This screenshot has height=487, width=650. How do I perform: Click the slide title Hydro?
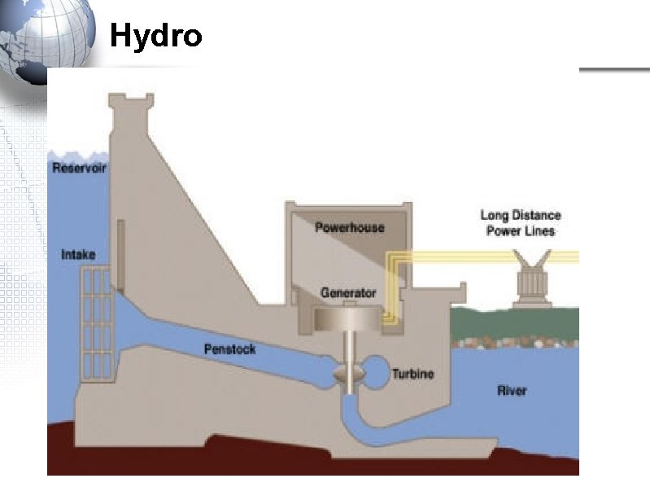coord(155,36)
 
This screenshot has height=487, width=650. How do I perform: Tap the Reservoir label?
coord(80,169)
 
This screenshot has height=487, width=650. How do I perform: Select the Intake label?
coord(78,255)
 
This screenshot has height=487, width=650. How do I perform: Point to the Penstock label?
coord(229,349)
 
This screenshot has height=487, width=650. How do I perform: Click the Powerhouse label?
coord(349,227)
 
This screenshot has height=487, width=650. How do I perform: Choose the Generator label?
coord(348,292)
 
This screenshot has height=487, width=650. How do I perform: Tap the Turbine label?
coord(413,374)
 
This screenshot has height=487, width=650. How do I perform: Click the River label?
coord(512,391)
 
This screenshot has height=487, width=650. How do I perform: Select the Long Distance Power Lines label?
coord(521,223)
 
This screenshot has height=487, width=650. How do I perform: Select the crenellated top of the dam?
coord(131,105)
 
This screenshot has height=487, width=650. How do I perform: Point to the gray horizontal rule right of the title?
coord(614,70)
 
